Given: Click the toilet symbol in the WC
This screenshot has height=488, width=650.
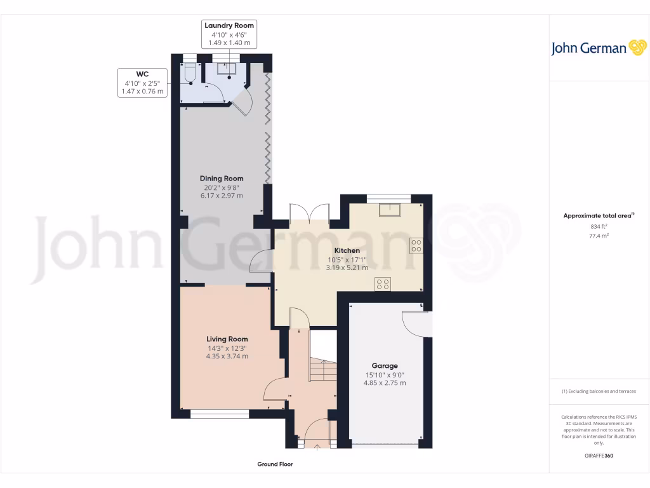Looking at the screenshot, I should click(189, 75).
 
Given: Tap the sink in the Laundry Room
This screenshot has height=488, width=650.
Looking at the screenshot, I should click(227, 70).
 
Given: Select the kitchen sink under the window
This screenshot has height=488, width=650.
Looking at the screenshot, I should click(388, 210).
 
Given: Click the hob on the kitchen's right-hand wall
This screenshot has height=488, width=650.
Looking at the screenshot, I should click(417, 245).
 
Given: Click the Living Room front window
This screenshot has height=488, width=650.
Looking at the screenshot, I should click(220, 414).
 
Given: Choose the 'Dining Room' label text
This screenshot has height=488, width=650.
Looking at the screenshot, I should click(222, 179).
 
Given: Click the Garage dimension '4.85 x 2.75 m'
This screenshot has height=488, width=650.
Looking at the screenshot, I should click(385, 383).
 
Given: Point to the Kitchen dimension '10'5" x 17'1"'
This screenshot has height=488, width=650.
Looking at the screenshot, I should click(347, 259).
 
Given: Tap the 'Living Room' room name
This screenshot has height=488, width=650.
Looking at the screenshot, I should click(227, 339).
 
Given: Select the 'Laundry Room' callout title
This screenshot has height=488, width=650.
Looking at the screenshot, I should click(229, 25).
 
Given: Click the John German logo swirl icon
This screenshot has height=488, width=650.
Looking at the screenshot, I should click(637, 48).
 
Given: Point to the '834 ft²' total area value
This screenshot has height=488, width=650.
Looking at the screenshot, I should click(599, 226).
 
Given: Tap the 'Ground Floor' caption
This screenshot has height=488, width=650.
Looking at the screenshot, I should click(275, 464).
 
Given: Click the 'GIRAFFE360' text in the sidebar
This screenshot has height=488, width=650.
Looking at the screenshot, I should click(599, 456).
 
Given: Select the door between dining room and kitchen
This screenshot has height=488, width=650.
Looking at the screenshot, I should click(260, 261).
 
